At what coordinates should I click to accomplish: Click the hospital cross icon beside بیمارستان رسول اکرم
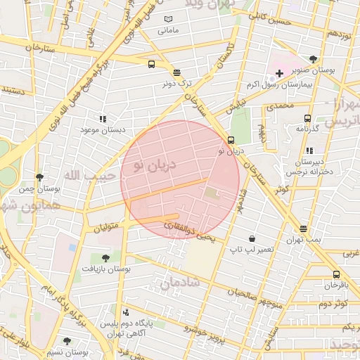279,73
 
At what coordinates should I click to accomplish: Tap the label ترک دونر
177,84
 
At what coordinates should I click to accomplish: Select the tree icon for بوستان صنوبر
312,59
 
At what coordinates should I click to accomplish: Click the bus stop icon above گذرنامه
307,118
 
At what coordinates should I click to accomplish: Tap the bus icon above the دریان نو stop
231,140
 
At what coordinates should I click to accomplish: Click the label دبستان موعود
103,130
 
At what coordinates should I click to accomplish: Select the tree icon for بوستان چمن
39,177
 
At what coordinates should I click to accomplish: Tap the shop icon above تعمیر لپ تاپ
251,239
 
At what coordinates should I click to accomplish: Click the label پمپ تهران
303,240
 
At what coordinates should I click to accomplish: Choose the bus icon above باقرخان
336,275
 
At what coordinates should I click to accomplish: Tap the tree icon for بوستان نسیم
67,341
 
